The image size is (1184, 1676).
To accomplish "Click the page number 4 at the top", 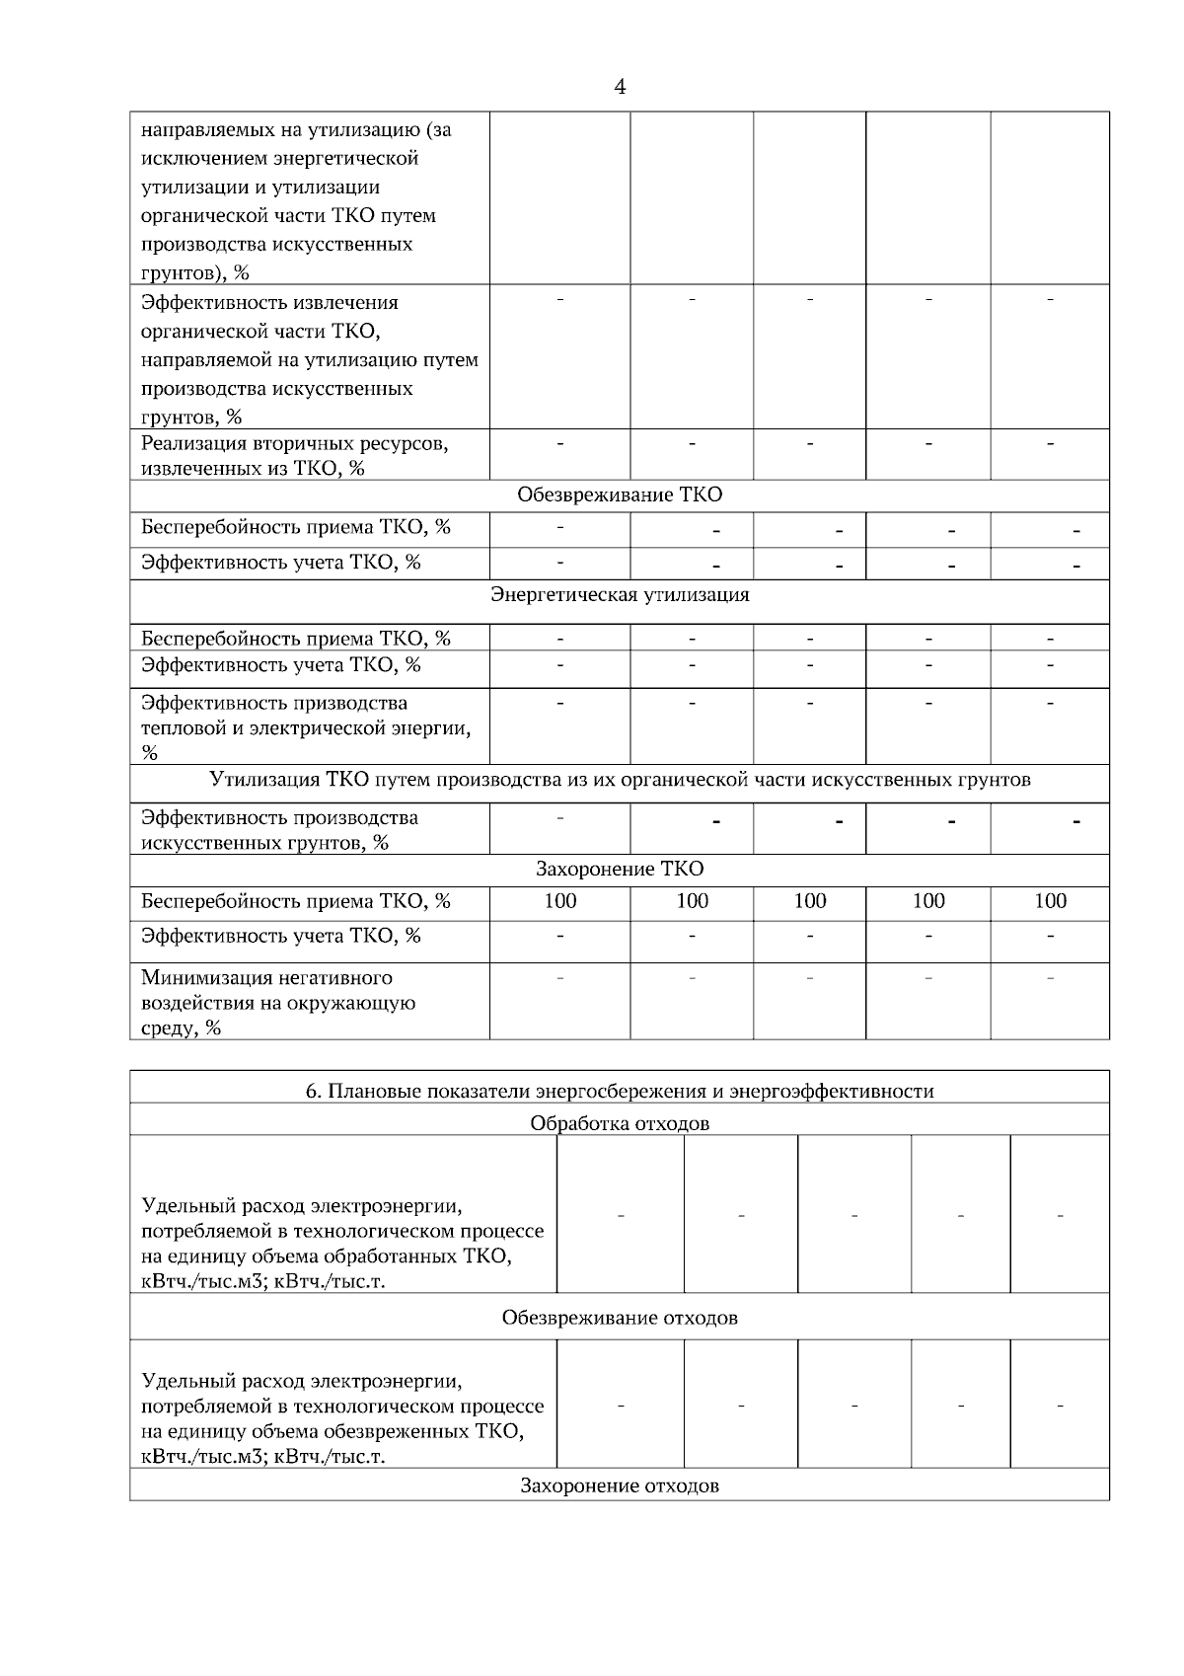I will [x=620, y=87].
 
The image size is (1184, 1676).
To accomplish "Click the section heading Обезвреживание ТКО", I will [x=620, y=495].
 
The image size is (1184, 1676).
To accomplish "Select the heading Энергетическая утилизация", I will [x=620, y=594].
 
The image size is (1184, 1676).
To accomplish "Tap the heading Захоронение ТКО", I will [x=620, y=869].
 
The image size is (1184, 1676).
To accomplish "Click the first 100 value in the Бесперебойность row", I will [x=560, y=900].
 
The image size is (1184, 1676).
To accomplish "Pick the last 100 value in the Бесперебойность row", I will [x=1050, y=900].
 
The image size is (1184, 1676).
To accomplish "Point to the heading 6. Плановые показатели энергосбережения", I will [x=620, y=1091].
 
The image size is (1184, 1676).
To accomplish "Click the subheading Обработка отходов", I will [x=620, y=1123].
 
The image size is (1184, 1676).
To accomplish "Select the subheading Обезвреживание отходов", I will [x=620, y=1318].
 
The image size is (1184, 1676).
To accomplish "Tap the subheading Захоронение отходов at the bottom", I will [x=620, y=1486].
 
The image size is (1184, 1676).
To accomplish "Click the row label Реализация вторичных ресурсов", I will [x=294, y=455].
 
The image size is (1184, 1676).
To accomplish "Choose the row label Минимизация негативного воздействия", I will [x=277, y=1002].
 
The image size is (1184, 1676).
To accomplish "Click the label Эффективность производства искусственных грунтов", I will [x=279, y=829].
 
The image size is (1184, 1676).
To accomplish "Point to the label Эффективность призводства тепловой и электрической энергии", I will [x=305, y=727].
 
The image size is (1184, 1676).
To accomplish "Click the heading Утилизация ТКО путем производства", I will [x=620, y=780].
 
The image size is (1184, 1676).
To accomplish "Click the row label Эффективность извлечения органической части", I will [x=309, y=358].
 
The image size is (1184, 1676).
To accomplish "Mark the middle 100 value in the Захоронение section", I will [x=809, y=900].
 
